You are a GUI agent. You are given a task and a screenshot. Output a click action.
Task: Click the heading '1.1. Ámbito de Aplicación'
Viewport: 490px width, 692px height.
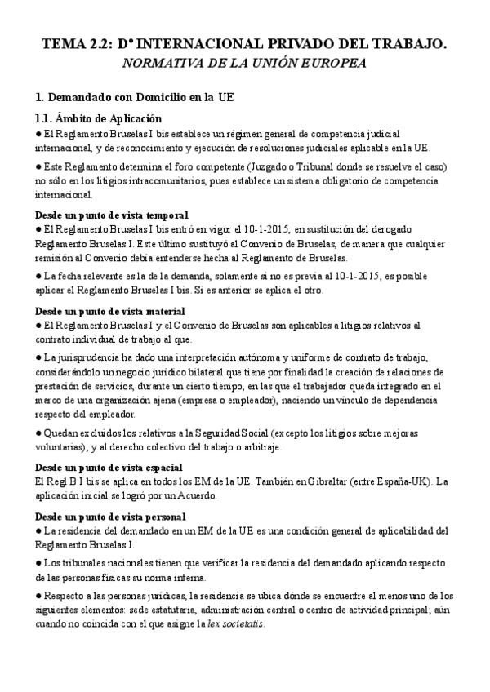(x=99, y=118)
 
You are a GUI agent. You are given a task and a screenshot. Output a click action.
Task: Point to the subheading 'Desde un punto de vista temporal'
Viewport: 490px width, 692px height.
(x=112, y=215)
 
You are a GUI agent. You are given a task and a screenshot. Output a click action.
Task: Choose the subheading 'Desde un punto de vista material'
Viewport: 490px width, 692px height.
(x=110, y=311)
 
